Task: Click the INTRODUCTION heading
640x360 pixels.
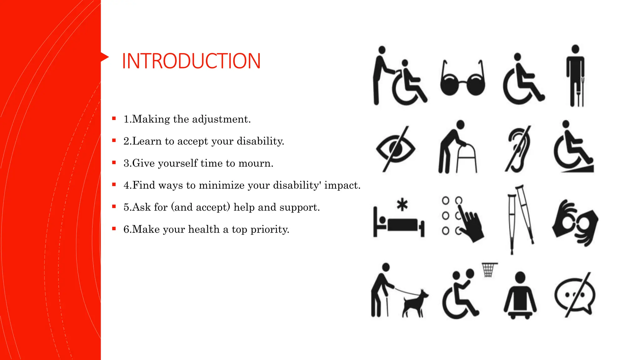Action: pos(191,61)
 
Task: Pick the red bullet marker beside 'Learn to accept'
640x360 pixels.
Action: pos(114,141)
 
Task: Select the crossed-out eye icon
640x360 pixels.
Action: pos(395,149)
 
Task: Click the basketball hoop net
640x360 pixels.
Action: pos(489,270)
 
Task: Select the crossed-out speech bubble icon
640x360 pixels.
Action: pos(575,295)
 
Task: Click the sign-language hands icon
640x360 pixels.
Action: pos(575,222)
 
